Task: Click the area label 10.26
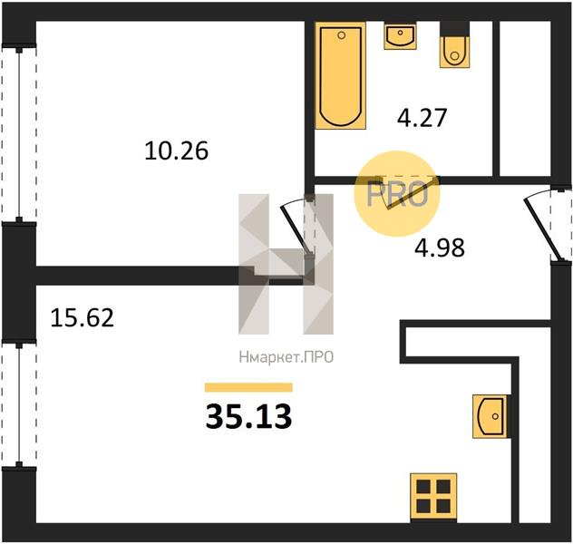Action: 177,151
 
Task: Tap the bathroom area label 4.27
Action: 422,118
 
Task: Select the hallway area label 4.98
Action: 440,248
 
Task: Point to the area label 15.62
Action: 83,317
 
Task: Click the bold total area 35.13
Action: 248,416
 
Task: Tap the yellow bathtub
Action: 341,75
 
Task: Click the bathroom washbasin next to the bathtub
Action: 400,35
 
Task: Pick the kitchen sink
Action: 490,416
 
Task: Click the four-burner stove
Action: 433,496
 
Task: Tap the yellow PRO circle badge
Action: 397,194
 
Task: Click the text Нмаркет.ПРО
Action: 286,357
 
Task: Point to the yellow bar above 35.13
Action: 248,387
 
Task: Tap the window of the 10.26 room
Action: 19,133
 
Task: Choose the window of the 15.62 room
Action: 19,405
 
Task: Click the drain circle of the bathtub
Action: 342,35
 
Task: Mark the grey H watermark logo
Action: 286,264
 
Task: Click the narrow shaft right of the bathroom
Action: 525,99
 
